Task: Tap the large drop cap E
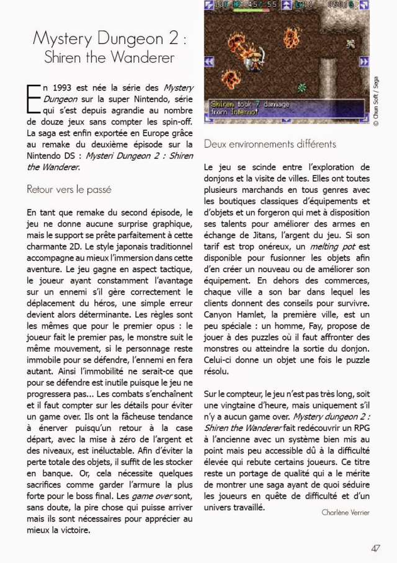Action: pyautogui.click(x=32, y=99)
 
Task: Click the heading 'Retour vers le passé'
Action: pyautogui.click(x=69, y=189)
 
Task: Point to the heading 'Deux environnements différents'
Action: pyautogui.click(x=270, y=144)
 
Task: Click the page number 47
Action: pyautogui.click(x=375, y=547)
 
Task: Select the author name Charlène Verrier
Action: pyautogui.click(x=346, y=512)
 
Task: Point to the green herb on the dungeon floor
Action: pyautogui.click(x=302, y=86)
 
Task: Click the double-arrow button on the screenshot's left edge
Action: pyautogui.click(x=209, y=61)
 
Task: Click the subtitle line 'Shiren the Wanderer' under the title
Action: pyautogui.click(x=110, y=58)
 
